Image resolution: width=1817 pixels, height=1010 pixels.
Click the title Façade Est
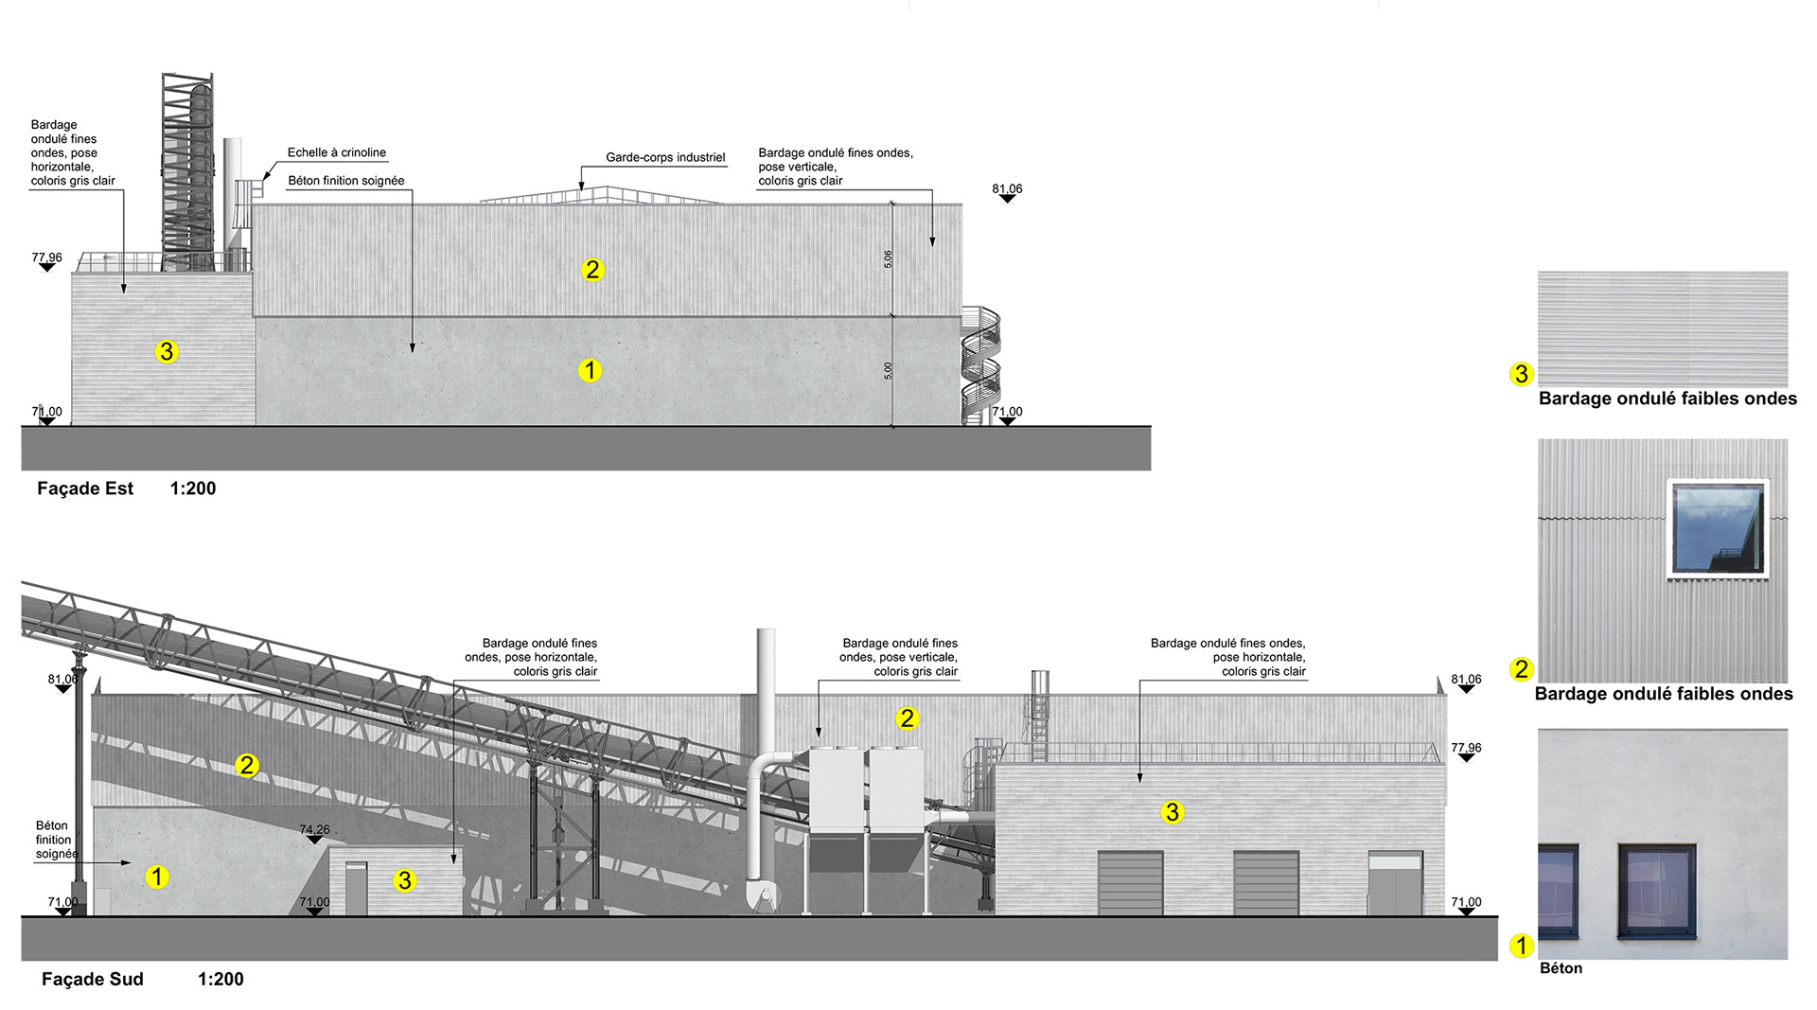pyautogui.click(x=85, y=488)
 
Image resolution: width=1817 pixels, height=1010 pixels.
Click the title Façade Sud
pyautogui.click(x=92, y=979)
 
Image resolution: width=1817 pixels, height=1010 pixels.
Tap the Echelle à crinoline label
pyautogui.click(x=337, y=152)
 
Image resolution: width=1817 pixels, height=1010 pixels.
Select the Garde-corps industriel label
pyautogui.click(x=665, y=157)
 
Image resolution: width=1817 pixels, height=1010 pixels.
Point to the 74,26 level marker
pyautogui.click(x=315, y=830)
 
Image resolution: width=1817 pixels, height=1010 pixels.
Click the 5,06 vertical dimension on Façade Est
pyautogui.click(x=888, y=258)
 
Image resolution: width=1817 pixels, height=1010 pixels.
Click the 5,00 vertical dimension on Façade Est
pyautogui.click(x=888, y=370)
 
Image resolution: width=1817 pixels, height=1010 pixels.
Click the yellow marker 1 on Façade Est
pyautogui.click(x=590, y=370)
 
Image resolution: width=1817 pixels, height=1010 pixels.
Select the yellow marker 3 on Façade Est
pyautogui.click(x=167, y=352)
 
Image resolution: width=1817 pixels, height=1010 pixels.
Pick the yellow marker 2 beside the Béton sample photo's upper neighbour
pyautogui.click(x=1521, y=669)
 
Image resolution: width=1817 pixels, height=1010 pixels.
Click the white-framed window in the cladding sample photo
pyautogui.click(x=1718, y=528)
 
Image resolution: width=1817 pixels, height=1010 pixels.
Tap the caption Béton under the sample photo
pyautogui.click(x=1561, y=968)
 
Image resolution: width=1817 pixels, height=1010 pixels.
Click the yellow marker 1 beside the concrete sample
pyautogui.click(x=1521, y=946)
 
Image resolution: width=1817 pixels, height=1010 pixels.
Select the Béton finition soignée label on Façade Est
pyautogui.click(x=346, y=181)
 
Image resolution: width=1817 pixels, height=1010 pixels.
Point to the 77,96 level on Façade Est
pyautogui.click(x=46, y=257)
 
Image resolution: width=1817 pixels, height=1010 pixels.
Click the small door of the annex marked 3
pyautogui.click(x=356, y=889)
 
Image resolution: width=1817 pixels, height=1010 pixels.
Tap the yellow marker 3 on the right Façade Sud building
pyautogui.click(x=1172, y=812)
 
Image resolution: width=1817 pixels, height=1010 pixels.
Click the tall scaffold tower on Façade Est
pyautogui.click(x=187, y=170)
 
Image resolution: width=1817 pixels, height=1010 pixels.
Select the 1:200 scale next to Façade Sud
pyautogui.click(x=221, y=979)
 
